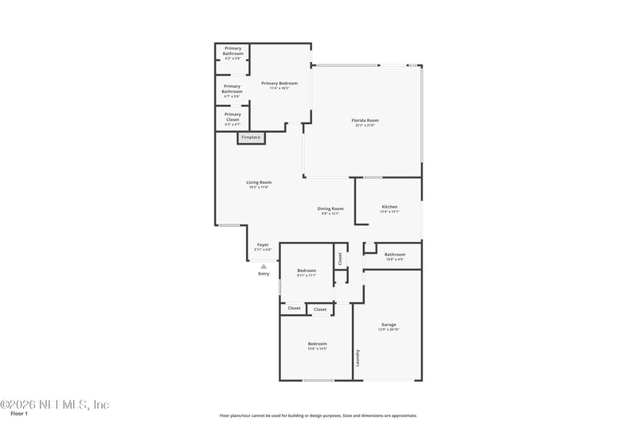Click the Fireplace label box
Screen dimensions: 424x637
click(x=251, y=138)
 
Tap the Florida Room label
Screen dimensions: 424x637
click(x=365, y=121)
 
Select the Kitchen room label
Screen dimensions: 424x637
click(x=389, y=207)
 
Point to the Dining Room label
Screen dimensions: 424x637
click(x=330, y=208)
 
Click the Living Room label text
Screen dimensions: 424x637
click(x=259, y=182)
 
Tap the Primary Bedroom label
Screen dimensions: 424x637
click(x=279, y=84)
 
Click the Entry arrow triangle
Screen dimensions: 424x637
click(x=264, y=266)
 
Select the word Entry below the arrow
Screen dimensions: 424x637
click(x=264, y=274)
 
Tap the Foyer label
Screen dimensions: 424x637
click(x=263, y=245)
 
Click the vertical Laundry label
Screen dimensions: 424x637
click(x=358, y=358)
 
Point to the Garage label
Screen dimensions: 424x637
click(x=389, y=325)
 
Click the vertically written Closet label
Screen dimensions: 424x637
click(x=340, y=258)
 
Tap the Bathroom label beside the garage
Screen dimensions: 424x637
click(x=395, y=255)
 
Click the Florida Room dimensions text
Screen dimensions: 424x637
click(x=365, y=126)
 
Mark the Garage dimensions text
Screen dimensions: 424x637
click(x=389, y=329)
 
